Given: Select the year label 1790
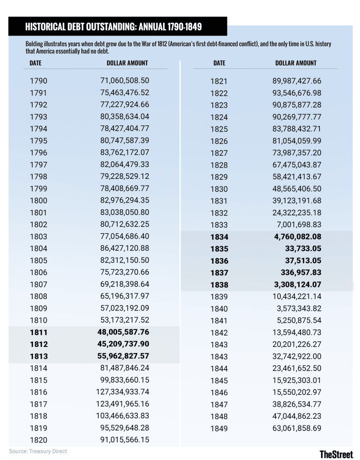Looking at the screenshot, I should (x=39, y=81).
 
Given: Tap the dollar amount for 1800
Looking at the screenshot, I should (x=124, y=200).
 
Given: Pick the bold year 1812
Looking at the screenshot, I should (x=39, y=344).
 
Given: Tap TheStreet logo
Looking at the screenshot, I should (x=337, y=453).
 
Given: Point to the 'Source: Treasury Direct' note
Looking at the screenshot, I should (x=38, y=451).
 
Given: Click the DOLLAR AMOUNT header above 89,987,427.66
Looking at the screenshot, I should (x=296, y=63).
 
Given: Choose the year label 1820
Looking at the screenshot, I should (x=39, y=440).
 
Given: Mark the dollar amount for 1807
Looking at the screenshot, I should (x=124, y=284).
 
